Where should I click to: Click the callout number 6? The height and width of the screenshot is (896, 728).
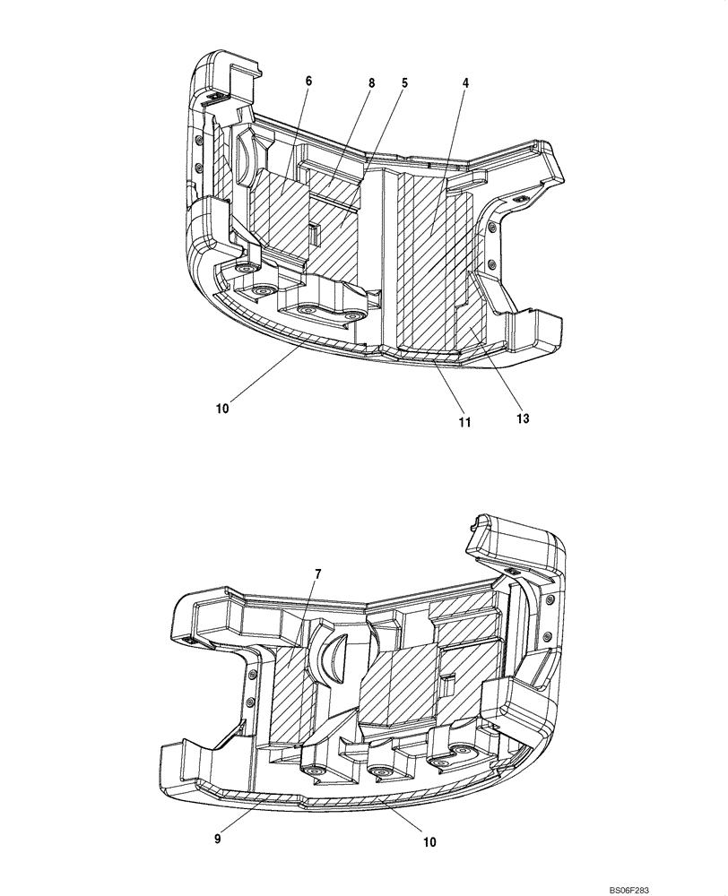pyautogui.click(x=308, y=81)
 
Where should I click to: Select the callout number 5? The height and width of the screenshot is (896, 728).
pyautogui.click(x=404, y=82)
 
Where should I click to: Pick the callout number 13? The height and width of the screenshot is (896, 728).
pyautogui.click(x=523, y=418)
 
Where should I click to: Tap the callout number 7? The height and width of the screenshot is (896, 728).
pyautogui.click(x=318, y=573)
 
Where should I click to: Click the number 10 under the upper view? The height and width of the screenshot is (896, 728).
pyautogui.click(x=222, y=407)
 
